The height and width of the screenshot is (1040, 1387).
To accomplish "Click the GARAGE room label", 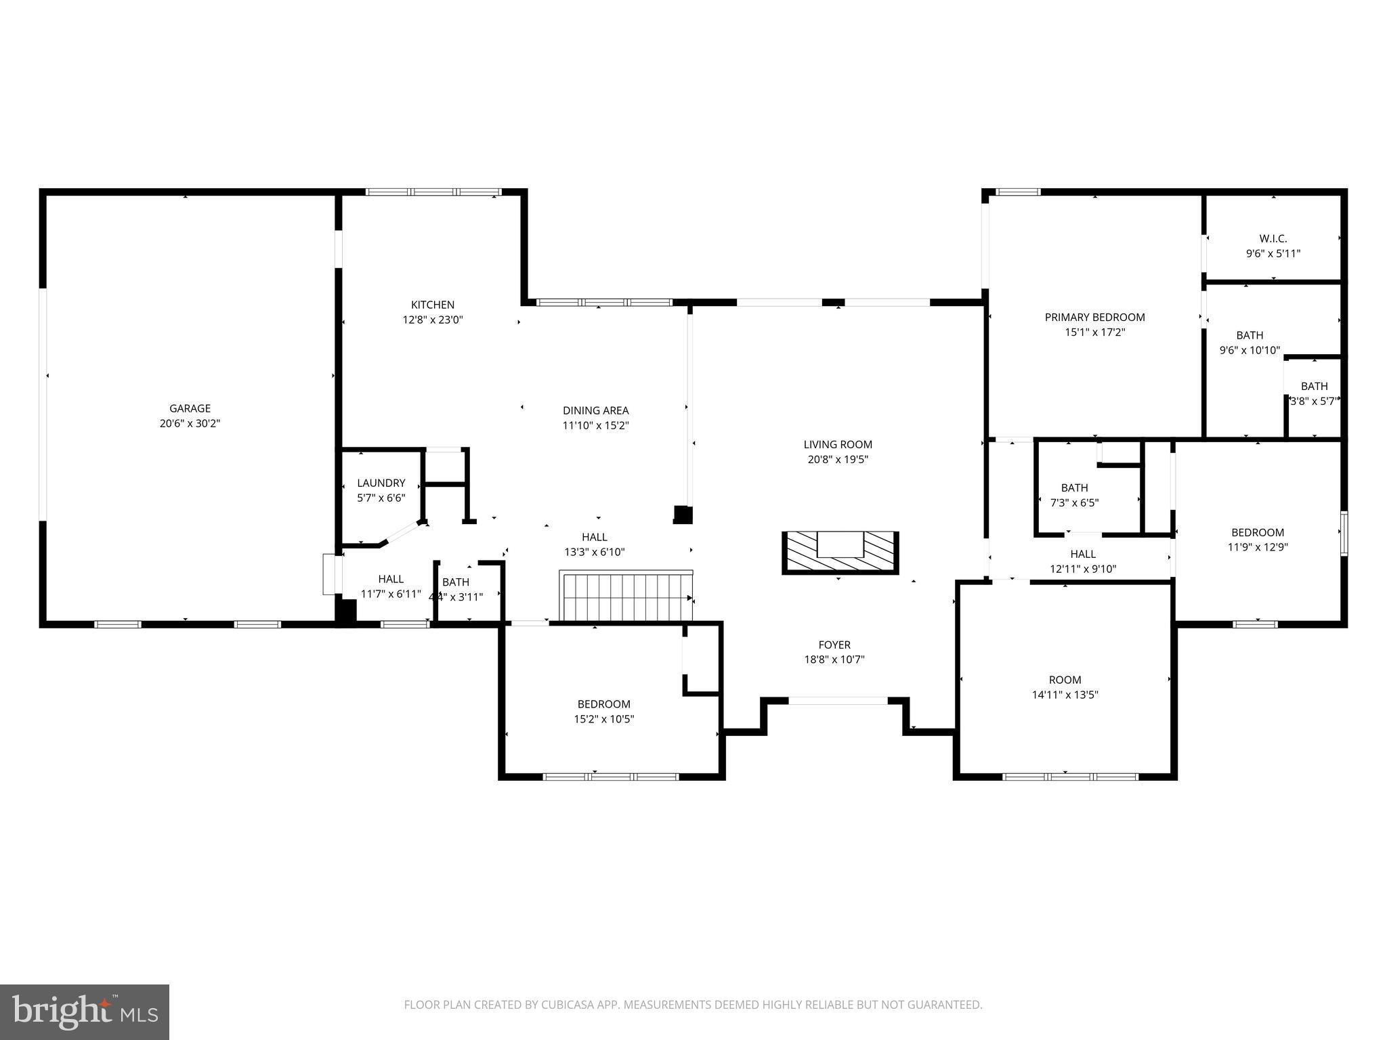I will (190, 408).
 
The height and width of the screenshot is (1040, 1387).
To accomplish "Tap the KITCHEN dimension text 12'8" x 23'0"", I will (433, 320).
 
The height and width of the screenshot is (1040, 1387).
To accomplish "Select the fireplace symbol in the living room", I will (840, 552).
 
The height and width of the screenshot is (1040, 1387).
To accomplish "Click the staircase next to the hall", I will (625, 597).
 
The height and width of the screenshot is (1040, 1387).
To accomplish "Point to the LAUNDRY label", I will (381, 483).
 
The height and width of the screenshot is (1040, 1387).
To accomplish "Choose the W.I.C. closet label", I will (1273, 238).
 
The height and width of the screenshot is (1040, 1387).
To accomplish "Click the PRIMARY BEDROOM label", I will (1094, 317).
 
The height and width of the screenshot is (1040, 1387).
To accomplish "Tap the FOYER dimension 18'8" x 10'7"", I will (834, 659).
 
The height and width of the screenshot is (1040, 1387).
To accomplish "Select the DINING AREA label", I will (595, 410).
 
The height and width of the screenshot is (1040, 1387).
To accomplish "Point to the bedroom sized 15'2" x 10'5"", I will (603, 712).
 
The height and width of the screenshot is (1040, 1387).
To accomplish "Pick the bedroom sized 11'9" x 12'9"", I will (1257, 540).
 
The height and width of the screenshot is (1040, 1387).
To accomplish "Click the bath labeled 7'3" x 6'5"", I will (1074, 495).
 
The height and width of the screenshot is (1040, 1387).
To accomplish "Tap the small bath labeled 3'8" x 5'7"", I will (1314, 393).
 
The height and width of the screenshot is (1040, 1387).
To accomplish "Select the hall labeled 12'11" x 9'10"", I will (1082, 561).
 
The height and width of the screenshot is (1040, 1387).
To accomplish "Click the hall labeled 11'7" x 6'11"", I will (390, 586).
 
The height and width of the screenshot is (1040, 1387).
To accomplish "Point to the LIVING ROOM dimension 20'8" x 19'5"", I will (837, 460).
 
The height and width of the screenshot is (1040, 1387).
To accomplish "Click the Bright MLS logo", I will (84, 1012).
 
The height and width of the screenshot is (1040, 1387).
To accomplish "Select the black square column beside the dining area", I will (683, 515).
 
